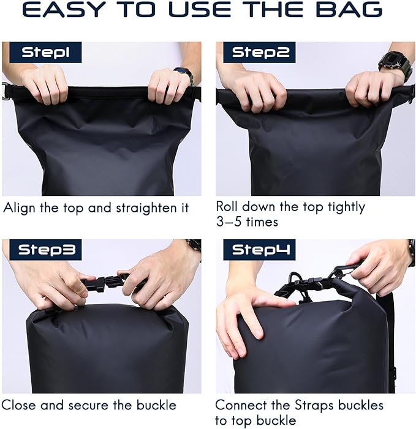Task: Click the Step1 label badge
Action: [45, 52]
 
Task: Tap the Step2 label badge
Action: [259, 52]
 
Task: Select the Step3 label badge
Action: [45, 250]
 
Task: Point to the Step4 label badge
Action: [259, 250]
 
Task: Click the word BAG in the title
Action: [349, 9]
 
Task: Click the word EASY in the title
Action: [62, 9]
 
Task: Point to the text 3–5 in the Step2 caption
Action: [229, 222]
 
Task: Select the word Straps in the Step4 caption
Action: [315, 406]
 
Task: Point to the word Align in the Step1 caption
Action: [20, 209]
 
